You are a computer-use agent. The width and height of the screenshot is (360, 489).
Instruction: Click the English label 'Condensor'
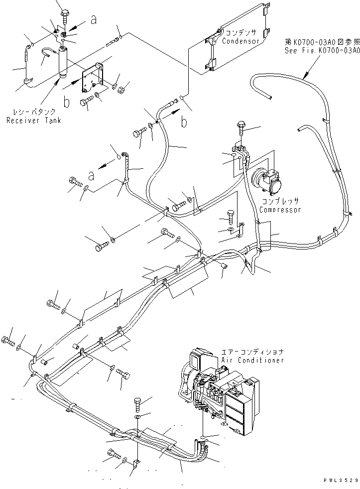click(241, 41)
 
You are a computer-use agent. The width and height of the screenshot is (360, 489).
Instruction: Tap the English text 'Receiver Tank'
click(34, 121)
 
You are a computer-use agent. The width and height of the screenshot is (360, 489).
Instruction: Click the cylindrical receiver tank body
click(64, 61)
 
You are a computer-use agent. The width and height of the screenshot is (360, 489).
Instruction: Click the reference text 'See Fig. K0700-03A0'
click(322, 50)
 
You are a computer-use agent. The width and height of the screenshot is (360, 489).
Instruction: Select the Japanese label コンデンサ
click(241, 33)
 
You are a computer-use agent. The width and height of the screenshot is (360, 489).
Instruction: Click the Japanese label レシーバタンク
click(34, 113)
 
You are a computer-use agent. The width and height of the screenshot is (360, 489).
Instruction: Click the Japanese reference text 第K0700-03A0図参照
click(322, 42)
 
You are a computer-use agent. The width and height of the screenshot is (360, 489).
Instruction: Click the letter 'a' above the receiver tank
click(93, 20)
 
